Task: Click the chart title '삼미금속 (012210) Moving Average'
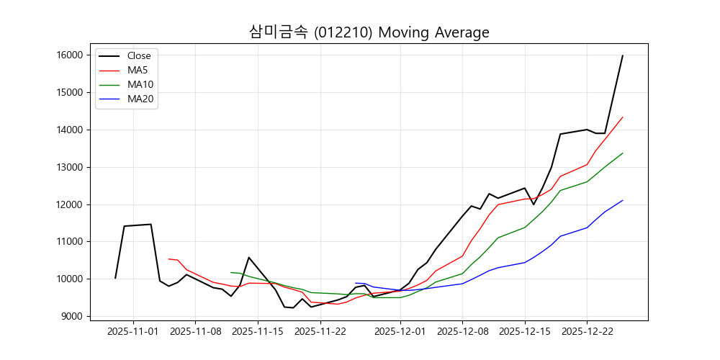369,32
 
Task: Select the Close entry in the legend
139,56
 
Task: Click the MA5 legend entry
138,71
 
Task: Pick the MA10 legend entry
140,85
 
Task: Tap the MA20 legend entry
140,99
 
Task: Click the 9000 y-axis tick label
72,317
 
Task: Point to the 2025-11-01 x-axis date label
133,332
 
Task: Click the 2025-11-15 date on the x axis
258,332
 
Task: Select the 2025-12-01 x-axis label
400,332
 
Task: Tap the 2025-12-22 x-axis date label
587,332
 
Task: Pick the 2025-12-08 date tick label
462,332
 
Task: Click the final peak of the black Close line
623,55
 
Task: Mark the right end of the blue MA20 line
623,200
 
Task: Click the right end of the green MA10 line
623,153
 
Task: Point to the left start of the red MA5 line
168,259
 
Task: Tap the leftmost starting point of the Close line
115,278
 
